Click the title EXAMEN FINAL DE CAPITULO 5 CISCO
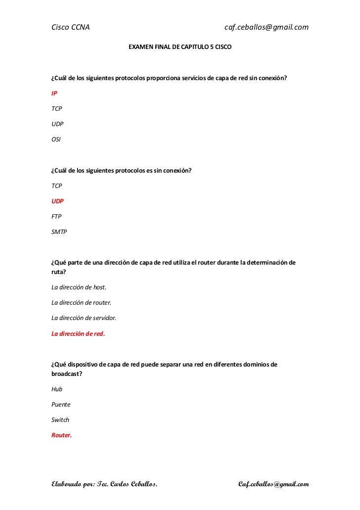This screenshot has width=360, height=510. [x=180, y=49]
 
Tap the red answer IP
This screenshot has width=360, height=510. [x=54, y=93]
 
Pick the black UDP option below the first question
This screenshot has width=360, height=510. [x=58, y=124]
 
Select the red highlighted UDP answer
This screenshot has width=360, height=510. [x=58, y=201]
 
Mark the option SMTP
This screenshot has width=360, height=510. [x=59, y=232]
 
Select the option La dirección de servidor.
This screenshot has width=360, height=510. [x=84, y=318]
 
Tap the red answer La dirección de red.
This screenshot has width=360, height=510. [x=78, y=333]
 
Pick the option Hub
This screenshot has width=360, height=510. [x=57, y=389]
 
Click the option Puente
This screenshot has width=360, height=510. [x=61, y=405]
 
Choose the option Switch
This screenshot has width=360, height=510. [x=60, y=420]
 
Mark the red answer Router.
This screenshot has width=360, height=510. [x=62, y=435]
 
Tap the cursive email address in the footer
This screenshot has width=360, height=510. [x=273, y=483]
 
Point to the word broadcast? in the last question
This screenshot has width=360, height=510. [x=67, y=374]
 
